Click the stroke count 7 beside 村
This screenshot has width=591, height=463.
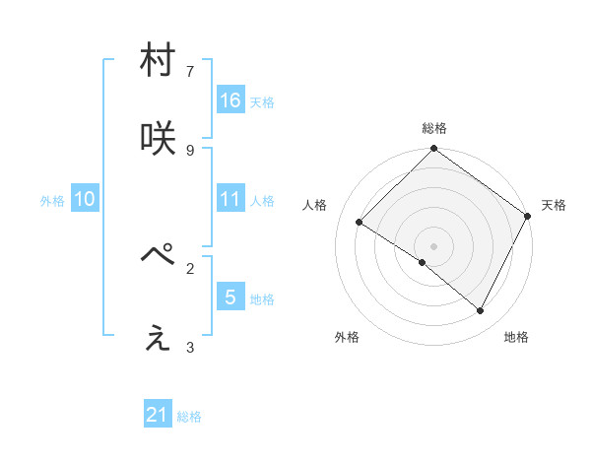[x=190, y=71]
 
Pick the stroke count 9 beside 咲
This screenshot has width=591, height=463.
[x=190, y=150]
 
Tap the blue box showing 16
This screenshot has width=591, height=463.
[x=230, y=100]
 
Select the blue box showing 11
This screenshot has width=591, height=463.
[x=230, y=199]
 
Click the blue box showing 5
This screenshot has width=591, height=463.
[x=230, y=298]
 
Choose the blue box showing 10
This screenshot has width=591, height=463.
[x=85, y=199]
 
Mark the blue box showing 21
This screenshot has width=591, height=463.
[x=158, y=416]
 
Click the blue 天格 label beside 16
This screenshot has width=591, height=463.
[x=262, y=102]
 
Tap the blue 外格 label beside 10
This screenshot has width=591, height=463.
[x=52, y=201]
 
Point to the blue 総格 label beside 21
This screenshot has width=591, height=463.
[x=189, y=418]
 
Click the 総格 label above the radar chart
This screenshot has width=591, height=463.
[x=434, y=129]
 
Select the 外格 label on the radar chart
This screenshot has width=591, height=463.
[x=347, y=337]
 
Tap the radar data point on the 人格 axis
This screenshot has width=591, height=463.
[x=360, y=223]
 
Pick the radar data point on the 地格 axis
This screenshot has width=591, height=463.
[x=481, y=311]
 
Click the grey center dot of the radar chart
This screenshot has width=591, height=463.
[x=433, y=245]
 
